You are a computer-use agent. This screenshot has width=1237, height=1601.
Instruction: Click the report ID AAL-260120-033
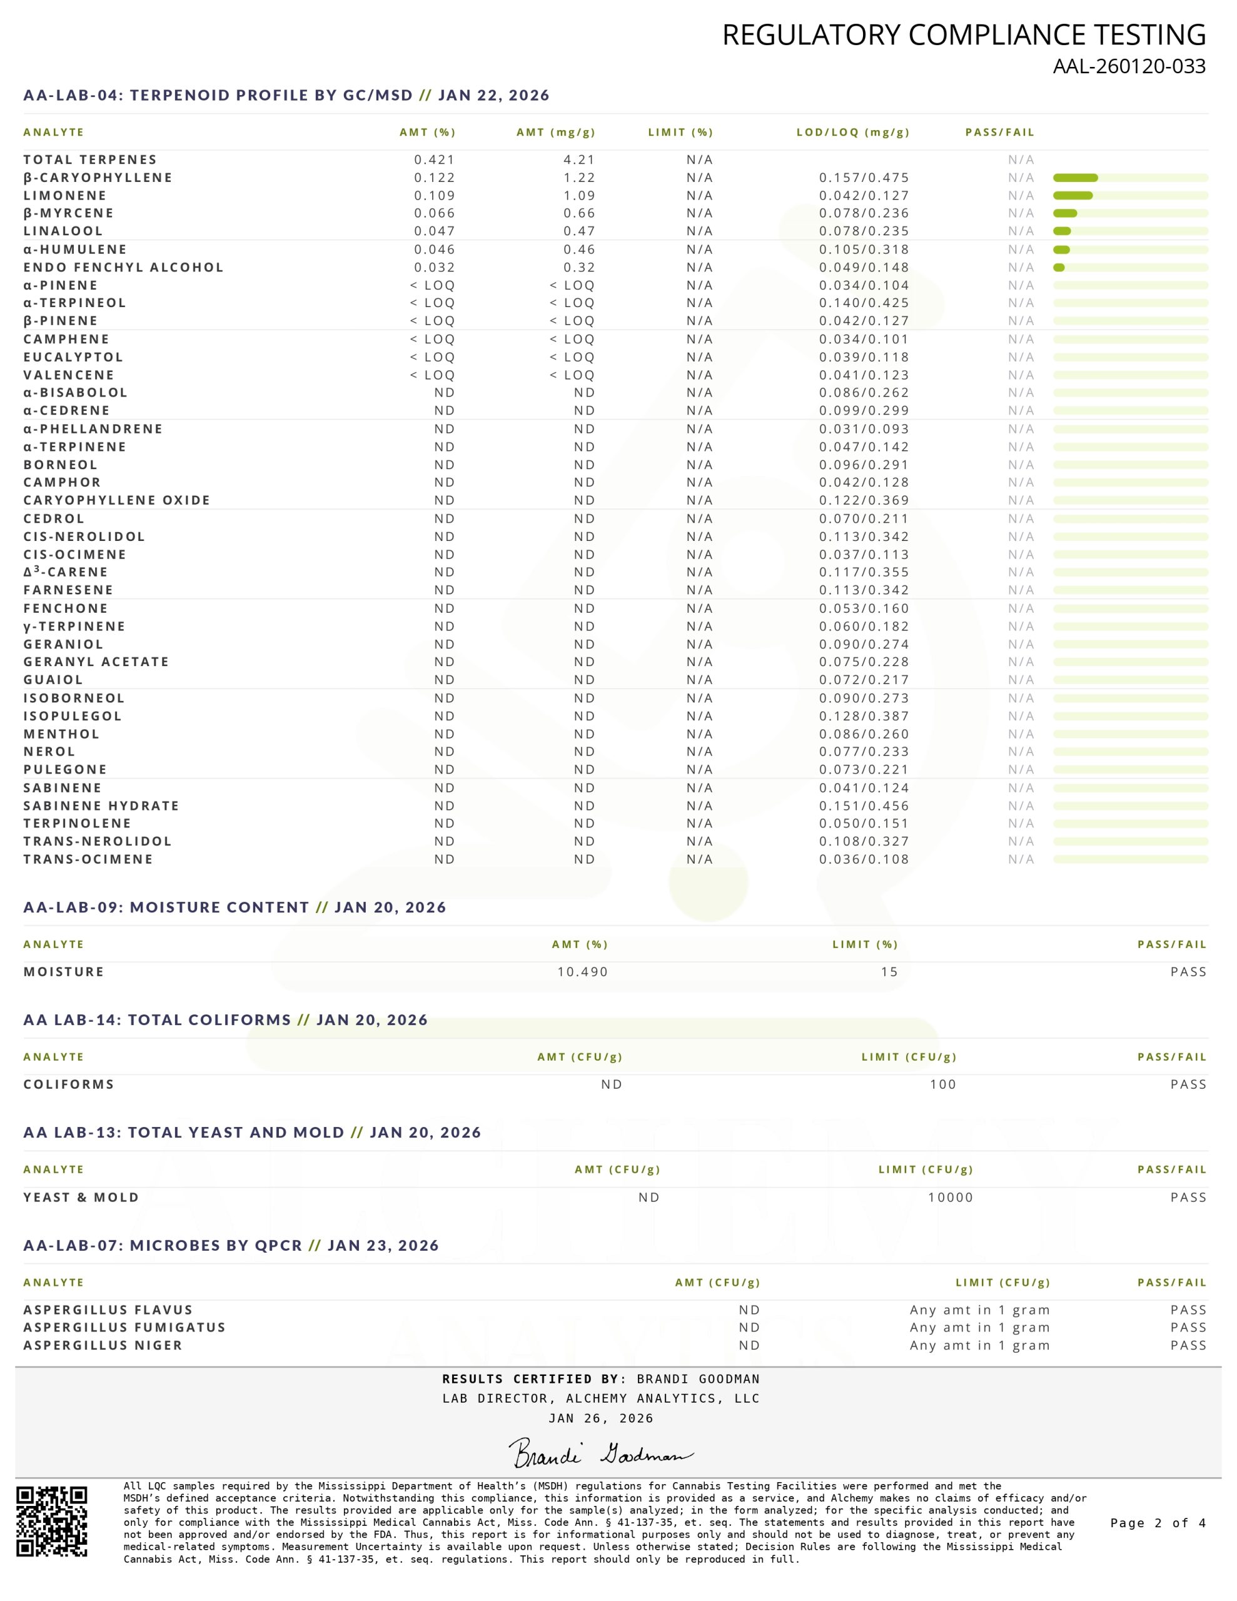click(1128, 67)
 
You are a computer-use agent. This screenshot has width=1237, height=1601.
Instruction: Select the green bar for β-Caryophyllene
click(1075, 178)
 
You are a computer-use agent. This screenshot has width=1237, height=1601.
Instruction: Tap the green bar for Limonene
click(1072, 196)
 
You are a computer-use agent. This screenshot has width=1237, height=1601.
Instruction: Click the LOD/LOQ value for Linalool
click(864, 231)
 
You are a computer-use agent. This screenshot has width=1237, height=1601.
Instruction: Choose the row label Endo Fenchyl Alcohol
click(123, 268)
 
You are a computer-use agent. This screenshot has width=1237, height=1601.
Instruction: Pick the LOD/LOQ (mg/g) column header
click(853, 133)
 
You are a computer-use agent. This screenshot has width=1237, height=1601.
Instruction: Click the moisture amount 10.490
click(582, 972)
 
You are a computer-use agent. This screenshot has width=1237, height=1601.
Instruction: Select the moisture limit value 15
click(889, 972)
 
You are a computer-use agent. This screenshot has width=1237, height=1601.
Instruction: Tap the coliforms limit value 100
click(942, 1084)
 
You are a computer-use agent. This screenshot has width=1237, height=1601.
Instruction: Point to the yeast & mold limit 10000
click(951, 1197)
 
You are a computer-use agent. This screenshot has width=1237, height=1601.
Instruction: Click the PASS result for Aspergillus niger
click(1188, 1345)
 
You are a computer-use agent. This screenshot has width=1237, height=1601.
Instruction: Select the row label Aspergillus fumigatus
click(124, 1328)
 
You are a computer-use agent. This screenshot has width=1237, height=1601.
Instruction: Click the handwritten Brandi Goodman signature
click(600, 1453)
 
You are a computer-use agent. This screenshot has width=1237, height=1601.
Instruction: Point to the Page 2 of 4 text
click(1158, 1523)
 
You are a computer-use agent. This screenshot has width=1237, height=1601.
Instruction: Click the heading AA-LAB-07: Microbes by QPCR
click(231, 1246)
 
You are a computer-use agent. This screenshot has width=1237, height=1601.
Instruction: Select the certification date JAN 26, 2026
click(600, 1418)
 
